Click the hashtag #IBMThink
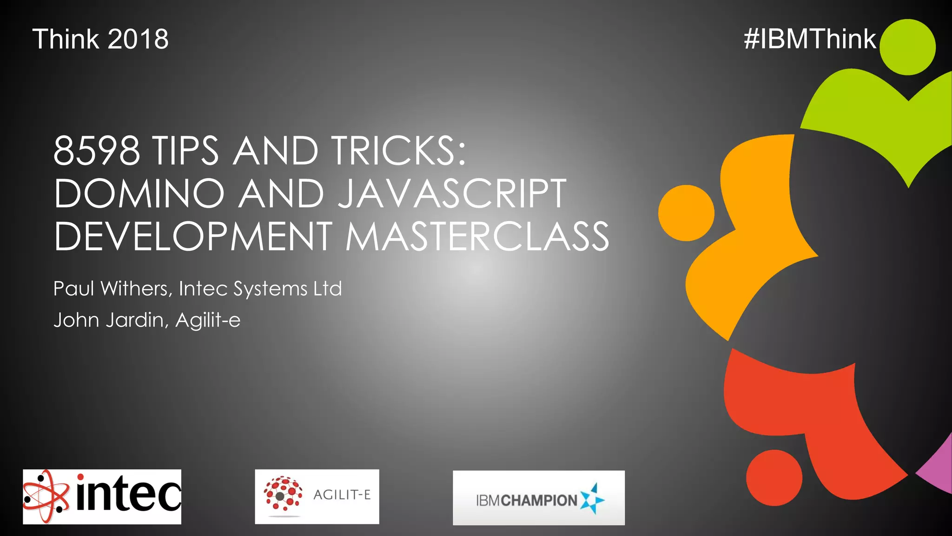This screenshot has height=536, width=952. [x=809, y=39]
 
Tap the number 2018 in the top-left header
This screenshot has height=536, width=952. [x=138, y=39]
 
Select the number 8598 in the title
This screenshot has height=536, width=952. [x=96, y=151]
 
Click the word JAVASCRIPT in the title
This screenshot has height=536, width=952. [x=451, y=194]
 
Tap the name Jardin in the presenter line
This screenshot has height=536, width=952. [x=137, y=320]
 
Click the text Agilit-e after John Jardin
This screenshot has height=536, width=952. [x=208, y=320]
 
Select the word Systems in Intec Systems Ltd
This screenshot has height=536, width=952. [x=270, y=288]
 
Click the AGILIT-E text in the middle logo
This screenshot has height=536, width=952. [x=342, y=495]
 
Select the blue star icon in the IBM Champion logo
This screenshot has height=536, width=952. [x=592, y=499]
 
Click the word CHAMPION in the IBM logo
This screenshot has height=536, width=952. [x=539, y=501]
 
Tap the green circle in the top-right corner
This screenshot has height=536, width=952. [x=907, y=47]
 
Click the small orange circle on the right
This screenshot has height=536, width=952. [x=686, y=213]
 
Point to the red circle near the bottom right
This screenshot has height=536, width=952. [x=774, y=477]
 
